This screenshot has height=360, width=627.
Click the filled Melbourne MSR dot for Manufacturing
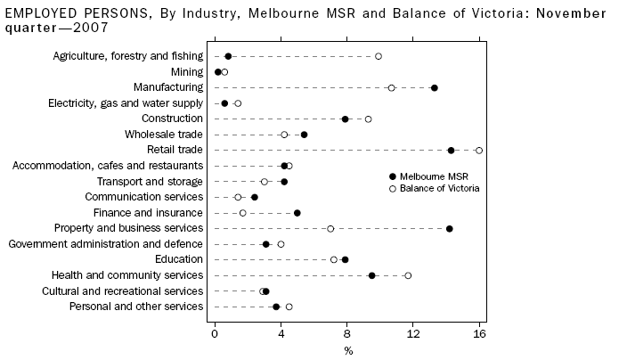pyautogui.click(x=434, y=87)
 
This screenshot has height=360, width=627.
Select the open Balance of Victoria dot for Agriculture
pyautogui.click(x=379, y=56)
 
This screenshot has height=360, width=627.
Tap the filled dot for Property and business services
pyautogui.click(x=450, y=229)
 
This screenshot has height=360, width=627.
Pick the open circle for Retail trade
pyautogui.click(x=479, y=150)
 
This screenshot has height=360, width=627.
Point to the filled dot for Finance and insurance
pyautogui.click(x=297, y=213)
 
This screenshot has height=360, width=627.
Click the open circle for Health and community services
pyautogui.click(x=408, y=275)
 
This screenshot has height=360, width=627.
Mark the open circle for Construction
pyautogui.click(x=368, y=119)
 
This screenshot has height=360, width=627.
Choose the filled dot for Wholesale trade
pyautogui.click(x=304, y=135)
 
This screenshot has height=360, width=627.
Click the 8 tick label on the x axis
pyautogui.click(x=347, y=334)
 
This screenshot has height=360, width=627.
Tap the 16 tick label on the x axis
pyautogui.click(x=480, y=334)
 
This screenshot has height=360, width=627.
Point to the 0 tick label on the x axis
pyautogui.click(x=215, y=334)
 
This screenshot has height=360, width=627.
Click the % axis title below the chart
pyautogui.click(x=348, y=350)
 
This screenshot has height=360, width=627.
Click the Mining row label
pyautogui.click(x=187, y=71)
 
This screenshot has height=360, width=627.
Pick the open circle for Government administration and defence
pyautogui.click(x=281, y=244)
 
